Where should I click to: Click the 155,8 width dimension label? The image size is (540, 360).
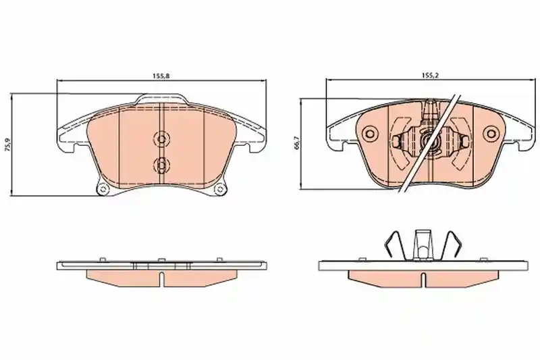161,76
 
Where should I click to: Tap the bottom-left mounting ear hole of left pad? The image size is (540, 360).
103,189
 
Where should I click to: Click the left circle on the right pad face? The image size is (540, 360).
371,134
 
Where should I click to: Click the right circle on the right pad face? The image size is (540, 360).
490,134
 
